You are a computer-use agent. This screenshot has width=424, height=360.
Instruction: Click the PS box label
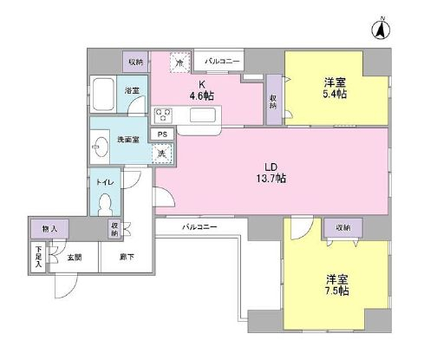[160, 135]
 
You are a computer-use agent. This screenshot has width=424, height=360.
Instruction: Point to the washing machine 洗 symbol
[160, 154]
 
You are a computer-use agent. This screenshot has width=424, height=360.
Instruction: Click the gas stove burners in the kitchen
[164, 115]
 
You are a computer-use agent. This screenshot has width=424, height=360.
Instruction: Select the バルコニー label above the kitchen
[224, 62]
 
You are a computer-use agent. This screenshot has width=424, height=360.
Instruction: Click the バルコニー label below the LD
[199, 226]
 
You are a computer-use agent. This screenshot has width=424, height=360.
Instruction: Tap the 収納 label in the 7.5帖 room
[343, 227]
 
